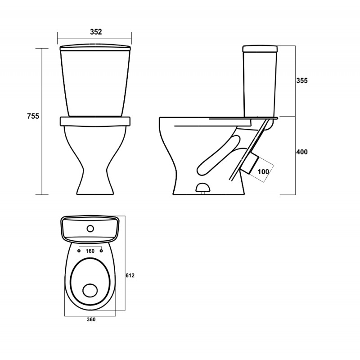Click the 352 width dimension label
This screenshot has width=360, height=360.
96,31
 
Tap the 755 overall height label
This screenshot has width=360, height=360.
33,116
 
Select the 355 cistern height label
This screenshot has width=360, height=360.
301,81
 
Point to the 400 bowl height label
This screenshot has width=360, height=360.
301,152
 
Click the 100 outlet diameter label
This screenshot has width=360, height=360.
263,171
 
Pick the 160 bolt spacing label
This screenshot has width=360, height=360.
90,251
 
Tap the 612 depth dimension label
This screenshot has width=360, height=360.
130,275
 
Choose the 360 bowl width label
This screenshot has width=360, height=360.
91,319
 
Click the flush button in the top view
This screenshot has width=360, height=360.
90,229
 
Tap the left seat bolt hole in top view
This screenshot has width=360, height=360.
79,251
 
